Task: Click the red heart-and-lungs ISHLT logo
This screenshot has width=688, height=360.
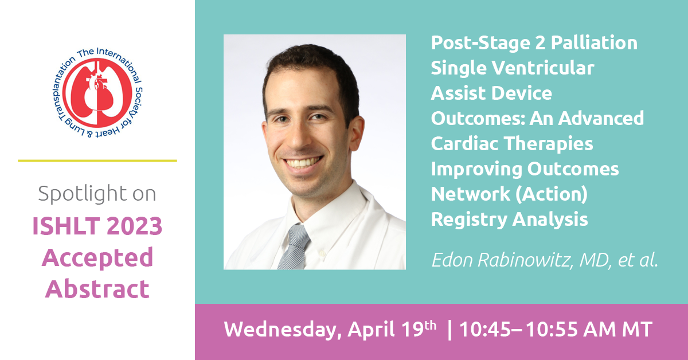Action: coord(97,92)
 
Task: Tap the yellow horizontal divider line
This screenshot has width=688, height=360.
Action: coord(97,161)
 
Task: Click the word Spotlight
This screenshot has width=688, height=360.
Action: coord(83,194)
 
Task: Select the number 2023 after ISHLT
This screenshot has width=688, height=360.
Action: coord(135,226)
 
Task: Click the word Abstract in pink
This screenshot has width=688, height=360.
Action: coord(97,289)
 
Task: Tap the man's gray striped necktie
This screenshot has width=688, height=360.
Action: coord(294,247)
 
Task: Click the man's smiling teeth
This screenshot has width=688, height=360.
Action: coord(303,162)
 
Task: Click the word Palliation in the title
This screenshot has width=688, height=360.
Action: coord(594,42)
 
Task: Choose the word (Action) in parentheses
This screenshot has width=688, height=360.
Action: coord(552,194)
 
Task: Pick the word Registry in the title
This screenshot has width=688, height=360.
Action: coord(469,220)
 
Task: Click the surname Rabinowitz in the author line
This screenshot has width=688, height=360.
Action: coord(526,260)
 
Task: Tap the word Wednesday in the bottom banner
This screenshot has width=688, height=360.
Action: coord(283,330)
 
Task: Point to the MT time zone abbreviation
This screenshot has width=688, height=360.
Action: coord(637,330)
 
